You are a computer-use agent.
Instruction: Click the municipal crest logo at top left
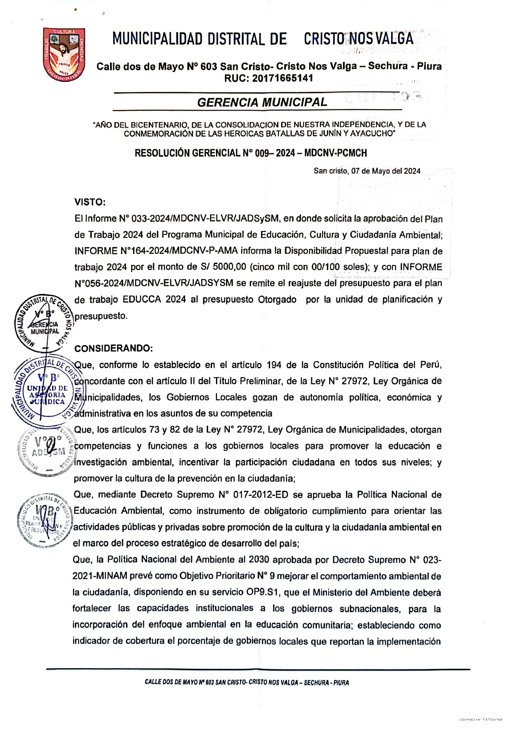tap(64, 51)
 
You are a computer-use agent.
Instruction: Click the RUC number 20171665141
tap(268, 78)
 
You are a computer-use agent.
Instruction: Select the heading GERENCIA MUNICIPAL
tap(262, 102)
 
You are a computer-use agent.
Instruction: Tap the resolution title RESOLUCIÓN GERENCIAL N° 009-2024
tap(251, 153)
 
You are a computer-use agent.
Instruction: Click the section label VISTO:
tap(90, 202)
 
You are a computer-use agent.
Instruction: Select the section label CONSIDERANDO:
tap(114, 349)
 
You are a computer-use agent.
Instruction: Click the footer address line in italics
tap(247, 682)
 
